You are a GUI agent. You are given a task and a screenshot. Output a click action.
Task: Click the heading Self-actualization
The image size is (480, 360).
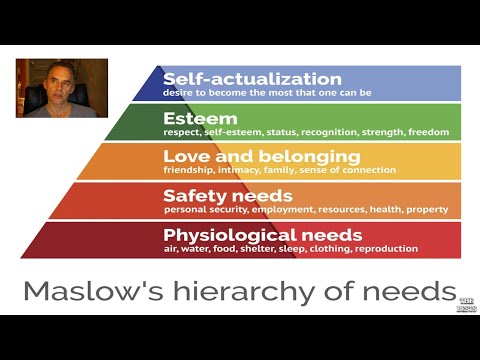coord(252,79)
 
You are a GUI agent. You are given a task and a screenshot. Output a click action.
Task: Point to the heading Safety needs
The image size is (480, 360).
coord(228,195)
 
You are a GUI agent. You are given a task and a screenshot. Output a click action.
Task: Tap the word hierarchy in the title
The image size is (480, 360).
coord(266,291)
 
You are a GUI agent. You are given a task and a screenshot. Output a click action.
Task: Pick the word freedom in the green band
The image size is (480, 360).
coord(428,131)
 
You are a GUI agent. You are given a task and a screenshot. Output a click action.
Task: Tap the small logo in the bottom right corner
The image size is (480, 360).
coord(466,304)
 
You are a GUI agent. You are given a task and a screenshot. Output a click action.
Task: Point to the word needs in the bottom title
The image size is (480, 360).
coord(414,291)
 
